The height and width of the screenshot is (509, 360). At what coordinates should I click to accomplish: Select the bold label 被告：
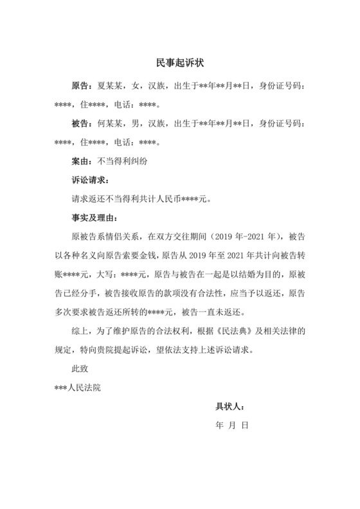point(83,122)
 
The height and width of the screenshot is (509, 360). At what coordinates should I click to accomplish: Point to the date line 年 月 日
point(231,425)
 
